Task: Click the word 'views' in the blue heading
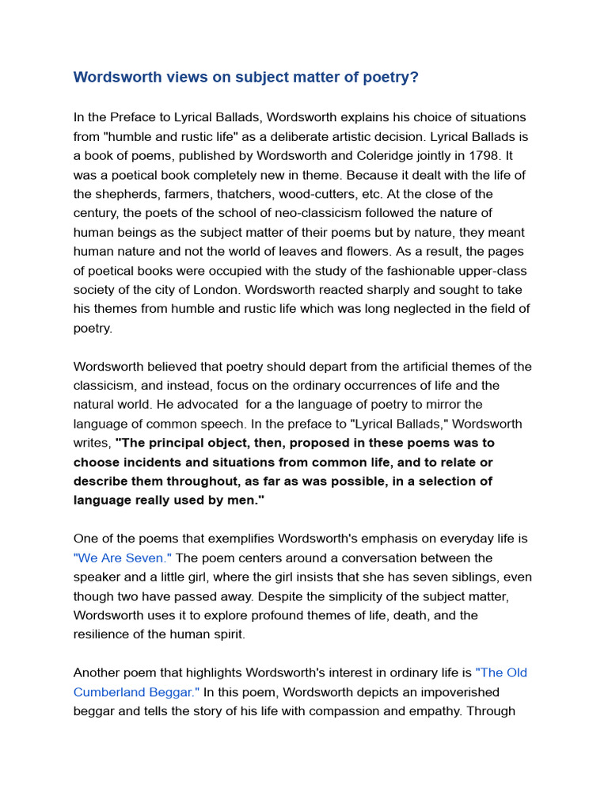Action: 179,77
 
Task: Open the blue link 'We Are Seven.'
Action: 123,558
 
